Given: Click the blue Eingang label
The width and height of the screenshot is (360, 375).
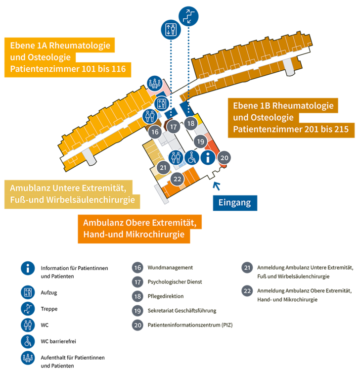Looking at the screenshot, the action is [x=235, y=203].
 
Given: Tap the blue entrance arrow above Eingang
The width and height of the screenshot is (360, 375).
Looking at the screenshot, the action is [x=217, y=186].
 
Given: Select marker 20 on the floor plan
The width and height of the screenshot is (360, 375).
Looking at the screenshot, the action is [x=224, y=158].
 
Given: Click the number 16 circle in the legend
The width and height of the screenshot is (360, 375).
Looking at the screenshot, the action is [x=137, y=267].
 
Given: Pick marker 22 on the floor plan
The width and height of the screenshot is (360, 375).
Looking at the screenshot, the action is [x=177, y=179].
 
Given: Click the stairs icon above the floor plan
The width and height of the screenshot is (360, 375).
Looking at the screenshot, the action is [x=188, y=16].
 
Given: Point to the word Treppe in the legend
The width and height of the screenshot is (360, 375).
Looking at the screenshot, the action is [x=49, y=309].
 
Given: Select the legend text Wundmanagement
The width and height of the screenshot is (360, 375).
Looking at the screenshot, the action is [x=170, y=267].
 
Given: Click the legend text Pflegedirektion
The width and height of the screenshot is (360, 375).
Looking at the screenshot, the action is [x=166, y=296].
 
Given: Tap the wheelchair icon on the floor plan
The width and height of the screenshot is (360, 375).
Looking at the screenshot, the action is [x=192, y=158].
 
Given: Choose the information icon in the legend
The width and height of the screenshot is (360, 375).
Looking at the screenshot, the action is [x=28, y=268].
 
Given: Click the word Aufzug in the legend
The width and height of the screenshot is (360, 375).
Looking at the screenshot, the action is [x=49, y=292].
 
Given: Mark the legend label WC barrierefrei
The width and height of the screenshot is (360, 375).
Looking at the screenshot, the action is [x=58, y=341].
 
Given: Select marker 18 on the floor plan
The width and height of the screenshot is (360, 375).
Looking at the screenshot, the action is [x=191, y=123].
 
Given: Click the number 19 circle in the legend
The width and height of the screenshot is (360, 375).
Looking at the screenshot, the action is [x=137, y=311].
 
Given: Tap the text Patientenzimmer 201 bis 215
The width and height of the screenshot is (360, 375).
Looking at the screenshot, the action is [x=291, y=129].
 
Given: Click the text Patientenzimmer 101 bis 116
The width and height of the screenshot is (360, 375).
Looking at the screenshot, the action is [x=68, y=69].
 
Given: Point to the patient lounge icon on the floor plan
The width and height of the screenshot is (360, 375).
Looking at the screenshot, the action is [x=155, y=84].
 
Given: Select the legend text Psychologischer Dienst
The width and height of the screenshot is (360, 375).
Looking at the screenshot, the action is [x=175, y=281].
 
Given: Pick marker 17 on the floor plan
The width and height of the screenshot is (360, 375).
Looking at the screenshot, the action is [x=173, y=127].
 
